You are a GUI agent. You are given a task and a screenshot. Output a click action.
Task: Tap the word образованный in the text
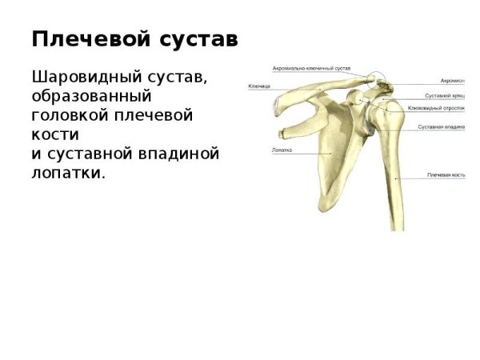point(91,97)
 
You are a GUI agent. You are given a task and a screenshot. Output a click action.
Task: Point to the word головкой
point(71,115)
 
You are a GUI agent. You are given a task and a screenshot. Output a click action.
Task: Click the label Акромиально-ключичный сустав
point(310,68)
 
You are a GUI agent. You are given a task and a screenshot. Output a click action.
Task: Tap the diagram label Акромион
point(453,81)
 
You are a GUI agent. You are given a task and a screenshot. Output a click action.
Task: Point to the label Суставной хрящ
point(444,96)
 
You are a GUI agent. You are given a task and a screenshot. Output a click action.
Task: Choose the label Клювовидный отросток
point(436,108)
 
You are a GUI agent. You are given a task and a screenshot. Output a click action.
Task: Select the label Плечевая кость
point(446,174)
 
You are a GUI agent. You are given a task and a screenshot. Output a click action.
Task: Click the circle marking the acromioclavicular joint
point(376,82)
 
